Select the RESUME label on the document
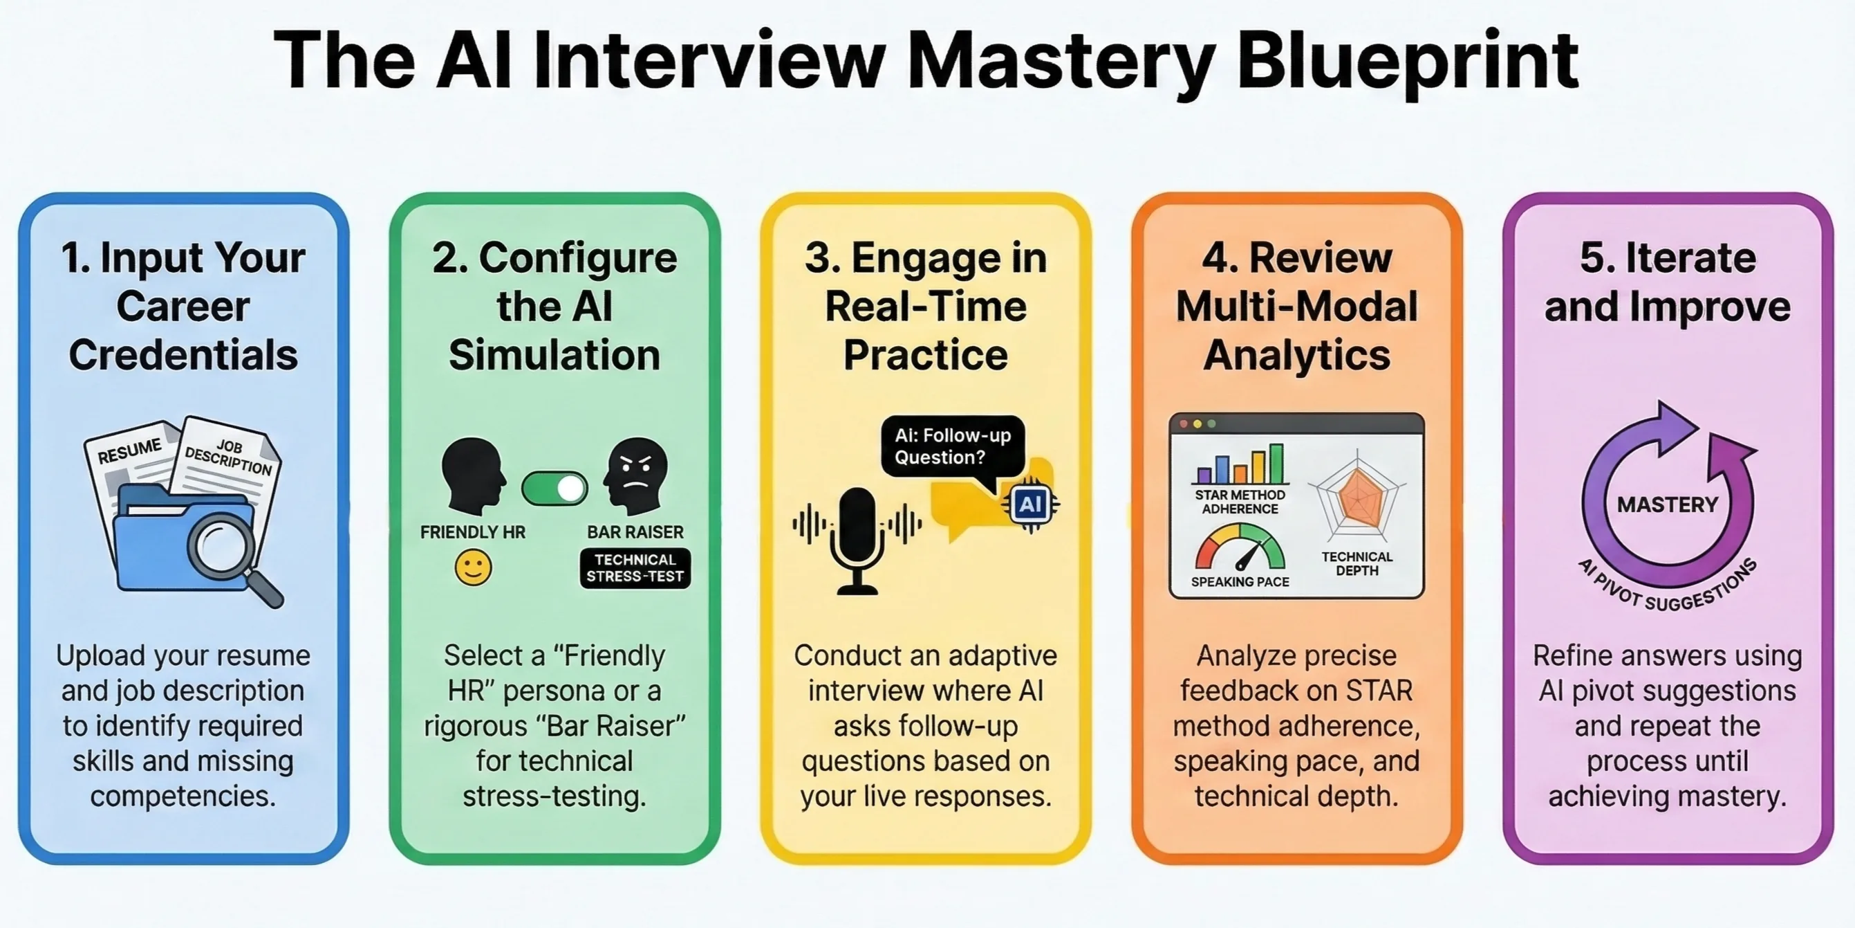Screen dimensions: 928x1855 coord(129,452)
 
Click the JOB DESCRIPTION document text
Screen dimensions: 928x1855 coord(229,458)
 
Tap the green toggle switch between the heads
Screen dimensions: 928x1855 coord(554,489)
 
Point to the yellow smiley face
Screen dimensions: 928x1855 coord(473,567)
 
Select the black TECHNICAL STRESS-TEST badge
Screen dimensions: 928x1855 coord(635,568)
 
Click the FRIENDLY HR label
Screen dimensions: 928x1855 coord(472,532)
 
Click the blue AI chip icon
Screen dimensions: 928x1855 coord(1029,504)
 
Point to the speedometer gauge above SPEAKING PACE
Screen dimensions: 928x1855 coord(1240,549)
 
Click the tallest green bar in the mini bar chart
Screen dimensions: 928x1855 coord(1276,463)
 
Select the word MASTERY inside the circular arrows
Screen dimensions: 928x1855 coord(1667,504)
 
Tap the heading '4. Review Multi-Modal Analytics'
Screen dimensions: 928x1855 coord(1296,306)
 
